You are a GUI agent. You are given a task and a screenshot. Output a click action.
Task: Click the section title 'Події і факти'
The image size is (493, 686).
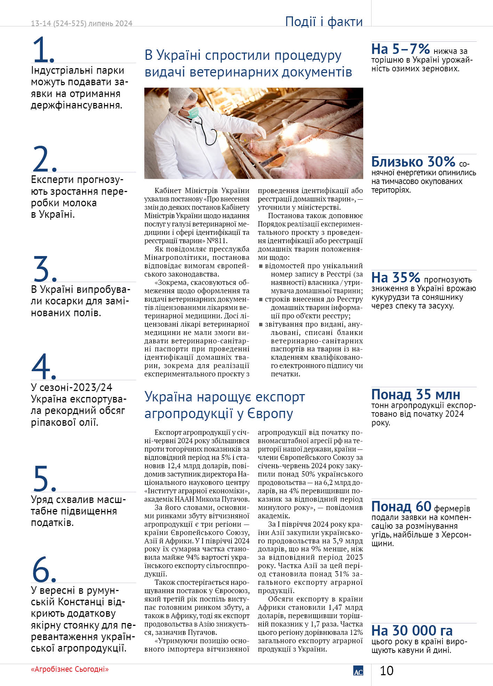tap(324, 22)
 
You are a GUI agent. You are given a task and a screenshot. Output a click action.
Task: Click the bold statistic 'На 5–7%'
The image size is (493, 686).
tap(400, 49)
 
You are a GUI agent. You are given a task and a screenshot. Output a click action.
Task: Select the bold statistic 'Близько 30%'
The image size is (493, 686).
tap(413, 162)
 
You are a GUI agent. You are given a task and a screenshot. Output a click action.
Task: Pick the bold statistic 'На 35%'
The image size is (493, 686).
tap(396, 278)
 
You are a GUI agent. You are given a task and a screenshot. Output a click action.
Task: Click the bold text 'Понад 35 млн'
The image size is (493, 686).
tap(415, 394)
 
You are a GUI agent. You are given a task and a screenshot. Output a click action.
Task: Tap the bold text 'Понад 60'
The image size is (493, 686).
tap(401, 506)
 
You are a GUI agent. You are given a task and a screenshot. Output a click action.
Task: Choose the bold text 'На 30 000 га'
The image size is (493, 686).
tap(412, 630)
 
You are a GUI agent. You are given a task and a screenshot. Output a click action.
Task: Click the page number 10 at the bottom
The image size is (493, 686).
tap(387, 671)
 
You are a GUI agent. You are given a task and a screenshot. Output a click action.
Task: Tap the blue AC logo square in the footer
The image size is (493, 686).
tap(358, 671)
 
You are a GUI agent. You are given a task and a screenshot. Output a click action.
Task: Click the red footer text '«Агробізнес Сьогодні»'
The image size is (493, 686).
tap(70, 669)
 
